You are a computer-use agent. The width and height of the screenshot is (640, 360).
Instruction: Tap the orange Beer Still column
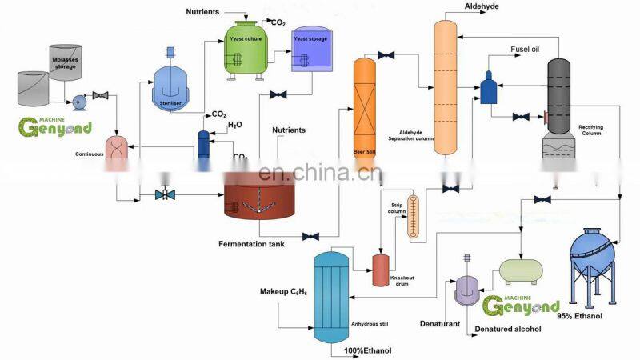(x=365, y=112)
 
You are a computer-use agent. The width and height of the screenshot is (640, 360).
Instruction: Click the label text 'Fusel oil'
(x=525, y=50)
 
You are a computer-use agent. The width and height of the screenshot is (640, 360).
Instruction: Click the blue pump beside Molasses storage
(x=79, y=102)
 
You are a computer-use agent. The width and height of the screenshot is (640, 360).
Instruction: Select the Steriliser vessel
(x=170, y=86)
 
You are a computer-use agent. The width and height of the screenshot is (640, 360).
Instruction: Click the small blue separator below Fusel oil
(x=488, y=87)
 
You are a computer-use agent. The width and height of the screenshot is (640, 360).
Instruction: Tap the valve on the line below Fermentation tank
(x=311, y=236)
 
